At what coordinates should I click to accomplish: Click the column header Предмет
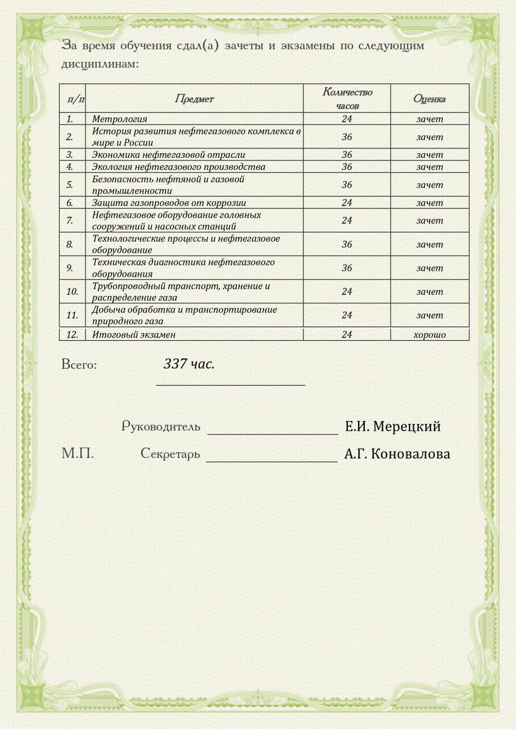point(194,99)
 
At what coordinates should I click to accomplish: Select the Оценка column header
point(429,99)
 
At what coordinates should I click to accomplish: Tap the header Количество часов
point(347,98)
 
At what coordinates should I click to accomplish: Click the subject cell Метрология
point(120,119)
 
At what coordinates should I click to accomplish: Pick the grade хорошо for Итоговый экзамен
point(429,335)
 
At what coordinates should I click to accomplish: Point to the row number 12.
point(72,335)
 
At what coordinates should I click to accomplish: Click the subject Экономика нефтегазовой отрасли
point(168,155)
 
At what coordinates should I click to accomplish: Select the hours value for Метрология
point(347,119)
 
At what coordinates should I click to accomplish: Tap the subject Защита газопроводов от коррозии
point(169,203)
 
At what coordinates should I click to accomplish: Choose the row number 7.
point(70,220)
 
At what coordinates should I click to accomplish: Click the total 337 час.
point(189,364)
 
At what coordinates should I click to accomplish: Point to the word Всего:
point(79,365)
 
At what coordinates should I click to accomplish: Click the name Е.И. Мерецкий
point(392,427)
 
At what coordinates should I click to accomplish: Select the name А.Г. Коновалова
point(397,454)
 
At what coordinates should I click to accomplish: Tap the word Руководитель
point(161,427)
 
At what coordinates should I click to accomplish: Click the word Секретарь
point(170,454)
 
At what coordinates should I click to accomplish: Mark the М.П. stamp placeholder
point(78,453)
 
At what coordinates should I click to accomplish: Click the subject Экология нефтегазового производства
point(178,167)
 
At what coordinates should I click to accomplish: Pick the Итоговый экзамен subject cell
point(134,335)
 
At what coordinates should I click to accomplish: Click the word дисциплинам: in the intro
point(100,65)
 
